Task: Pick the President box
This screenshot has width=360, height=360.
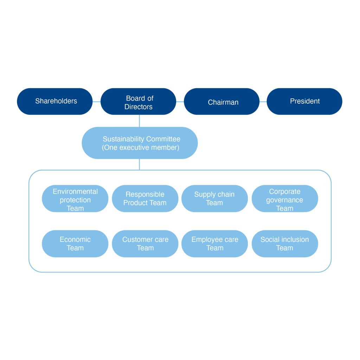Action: click(304, 101)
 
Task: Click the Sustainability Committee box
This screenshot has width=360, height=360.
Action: click(140, 143)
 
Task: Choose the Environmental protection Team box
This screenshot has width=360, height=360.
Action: click(75, 199)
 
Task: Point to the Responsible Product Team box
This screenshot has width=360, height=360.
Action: click(145, 199)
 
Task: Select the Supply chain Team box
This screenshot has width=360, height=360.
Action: click(214, 199)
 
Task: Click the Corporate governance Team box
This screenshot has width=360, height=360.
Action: click(285, 199)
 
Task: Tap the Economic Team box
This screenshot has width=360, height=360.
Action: click(75, 244)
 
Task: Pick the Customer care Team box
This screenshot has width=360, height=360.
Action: click(145, 244)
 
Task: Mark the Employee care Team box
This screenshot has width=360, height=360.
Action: click(214, 244)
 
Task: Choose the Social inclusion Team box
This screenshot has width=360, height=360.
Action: click(285, 244)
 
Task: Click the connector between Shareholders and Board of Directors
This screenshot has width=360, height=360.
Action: click(96, 102)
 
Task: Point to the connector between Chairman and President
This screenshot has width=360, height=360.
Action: click(263, 102)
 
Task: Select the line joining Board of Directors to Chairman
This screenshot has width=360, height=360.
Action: click(180, 102)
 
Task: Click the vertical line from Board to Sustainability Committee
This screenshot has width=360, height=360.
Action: click(139, 121)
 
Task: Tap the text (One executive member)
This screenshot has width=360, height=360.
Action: click(141, 148)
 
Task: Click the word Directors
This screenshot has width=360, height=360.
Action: click(139, 107)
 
